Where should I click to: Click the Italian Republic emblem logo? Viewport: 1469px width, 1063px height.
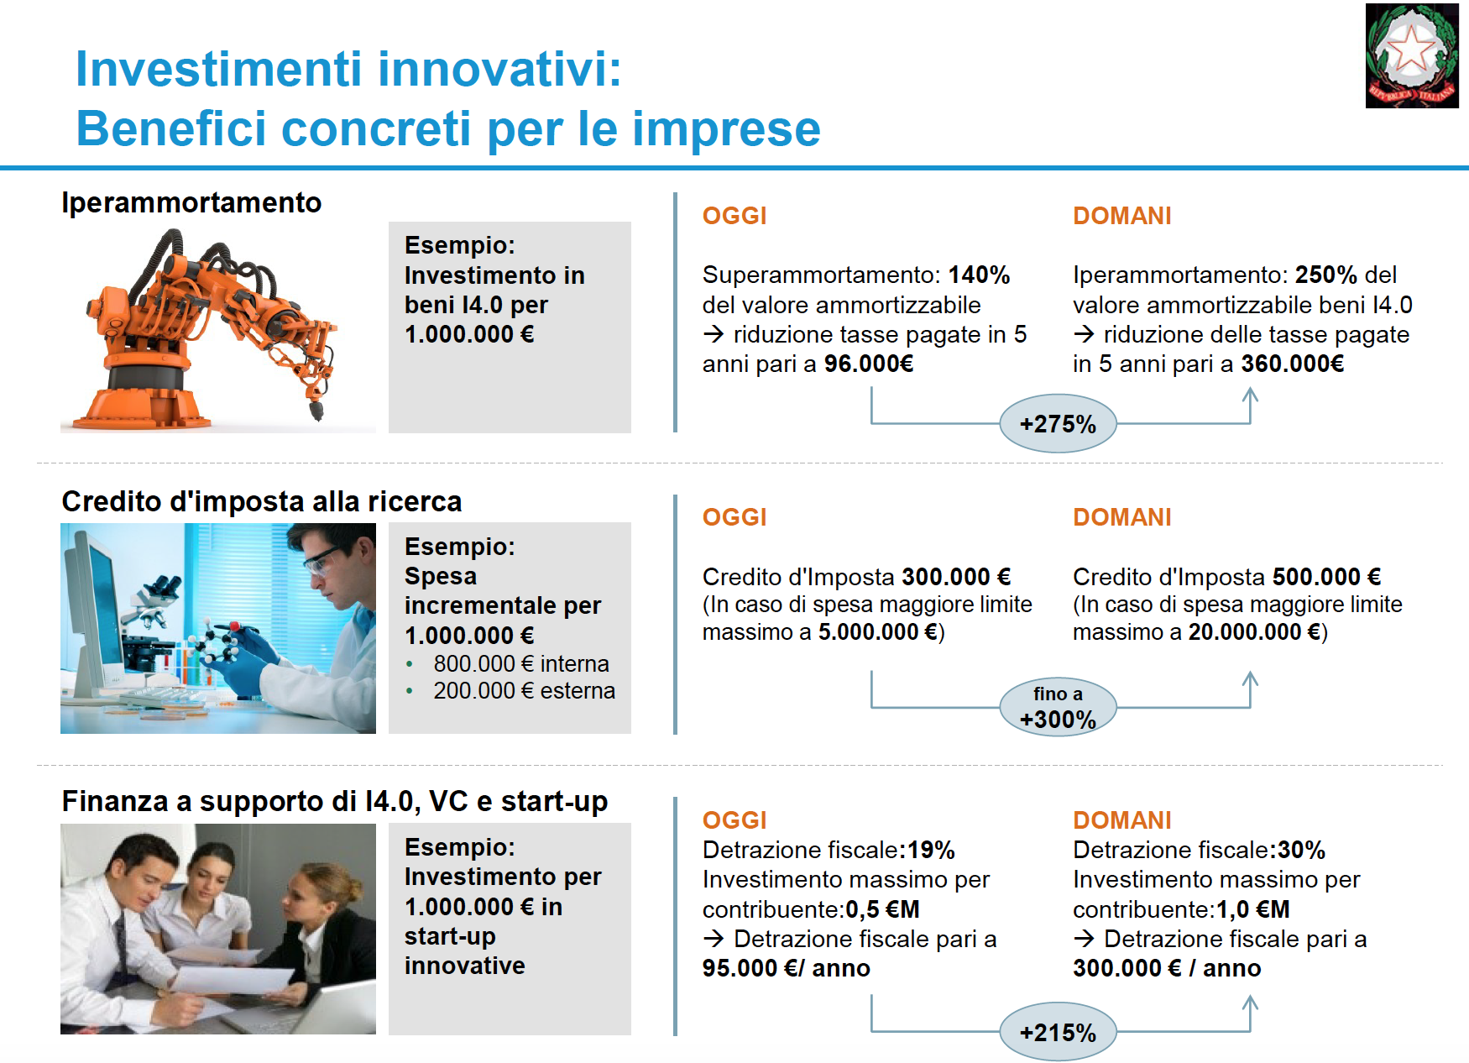point(1412,55)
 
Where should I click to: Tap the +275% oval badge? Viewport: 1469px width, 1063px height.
point(1058,424)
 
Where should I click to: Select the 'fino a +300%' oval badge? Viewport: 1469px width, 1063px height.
point(1058,707)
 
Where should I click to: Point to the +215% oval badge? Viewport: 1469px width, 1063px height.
point(1058,1032)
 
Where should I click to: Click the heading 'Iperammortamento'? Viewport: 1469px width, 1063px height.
point(191,202)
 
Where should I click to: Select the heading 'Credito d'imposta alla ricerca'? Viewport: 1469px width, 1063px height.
point(262,501)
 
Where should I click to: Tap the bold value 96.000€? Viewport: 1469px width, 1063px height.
point(869,364)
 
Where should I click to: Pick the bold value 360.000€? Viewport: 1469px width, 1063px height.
point(1293,364)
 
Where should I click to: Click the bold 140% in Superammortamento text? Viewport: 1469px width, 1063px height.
point(979,275)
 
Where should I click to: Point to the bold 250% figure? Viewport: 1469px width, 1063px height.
point(1326,275)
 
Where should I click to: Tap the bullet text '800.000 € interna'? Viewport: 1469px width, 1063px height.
point(521,663)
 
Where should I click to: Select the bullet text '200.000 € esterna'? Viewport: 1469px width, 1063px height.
point(524,690)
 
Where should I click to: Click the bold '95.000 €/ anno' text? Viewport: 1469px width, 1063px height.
point(787,968)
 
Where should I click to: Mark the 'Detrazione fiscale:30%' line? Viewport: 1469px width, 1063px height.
point(1199,850)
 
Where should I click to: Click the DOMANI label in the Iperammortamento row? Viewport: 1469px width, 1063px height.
point(1122,216)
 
